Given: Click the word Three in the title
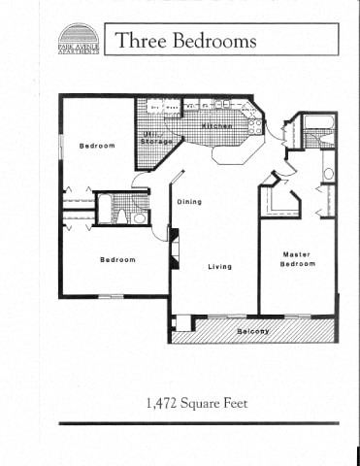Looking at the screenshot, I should (140, 41).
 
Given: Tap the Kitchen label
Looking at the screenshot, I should (216, 127).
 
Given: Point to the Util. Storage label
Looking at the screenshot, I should (155, 138).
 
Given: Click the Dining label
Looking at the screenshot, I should (189, 201).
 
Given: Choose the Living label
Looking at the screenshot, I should (219, 266).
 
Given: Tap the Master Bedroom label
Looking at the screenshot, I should (298, 259).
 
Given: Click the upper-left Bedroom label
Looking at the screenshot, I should (97, 146).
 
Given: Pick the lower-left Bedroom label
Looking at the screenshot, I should (118, 259).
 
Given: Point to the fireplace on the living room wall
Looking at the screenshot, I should (174, 249).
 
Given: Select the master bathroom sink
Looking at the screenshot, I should (328, 174).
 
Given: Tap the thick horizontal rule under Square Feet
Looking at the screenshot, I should (199, 423).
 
